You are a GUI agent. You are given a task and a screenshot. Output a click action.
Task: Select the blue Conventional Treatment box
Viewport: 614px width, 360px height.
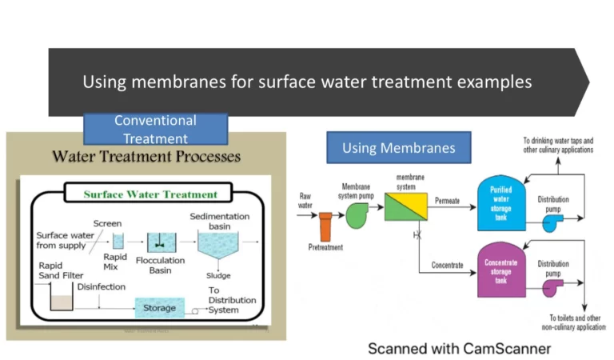click(155, 129)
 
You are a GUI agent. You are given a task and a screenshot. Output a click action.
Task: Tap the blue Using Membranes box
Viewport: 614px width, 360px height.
click(398, 147)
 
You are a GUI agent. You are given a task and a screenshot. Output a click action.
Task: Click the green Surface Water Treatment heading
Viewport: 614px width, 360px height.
click(150, 194)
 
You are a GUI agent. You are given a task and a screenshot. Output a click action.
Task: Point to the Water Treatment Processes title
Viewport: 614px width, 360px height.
click(146, 156)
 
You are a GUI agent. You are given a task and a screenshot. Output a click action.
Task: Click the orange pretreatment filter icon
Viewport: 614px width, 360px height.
click(325, 226)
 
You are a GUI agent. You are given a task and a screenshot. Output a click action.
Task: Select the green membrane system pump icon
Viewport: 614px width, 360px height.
click(357, 214)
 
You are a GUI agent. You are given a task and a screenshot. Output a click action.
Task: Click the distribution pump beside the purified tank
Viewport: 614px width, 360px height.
click(552, 223)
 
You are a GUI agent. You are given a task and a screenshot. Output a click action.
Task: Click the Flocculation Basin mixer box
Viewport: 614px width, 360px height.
click(161, 240)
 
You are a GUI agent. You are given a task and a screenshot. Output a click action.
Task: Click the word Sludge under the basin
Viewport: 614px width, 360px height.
click(218, 275)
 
